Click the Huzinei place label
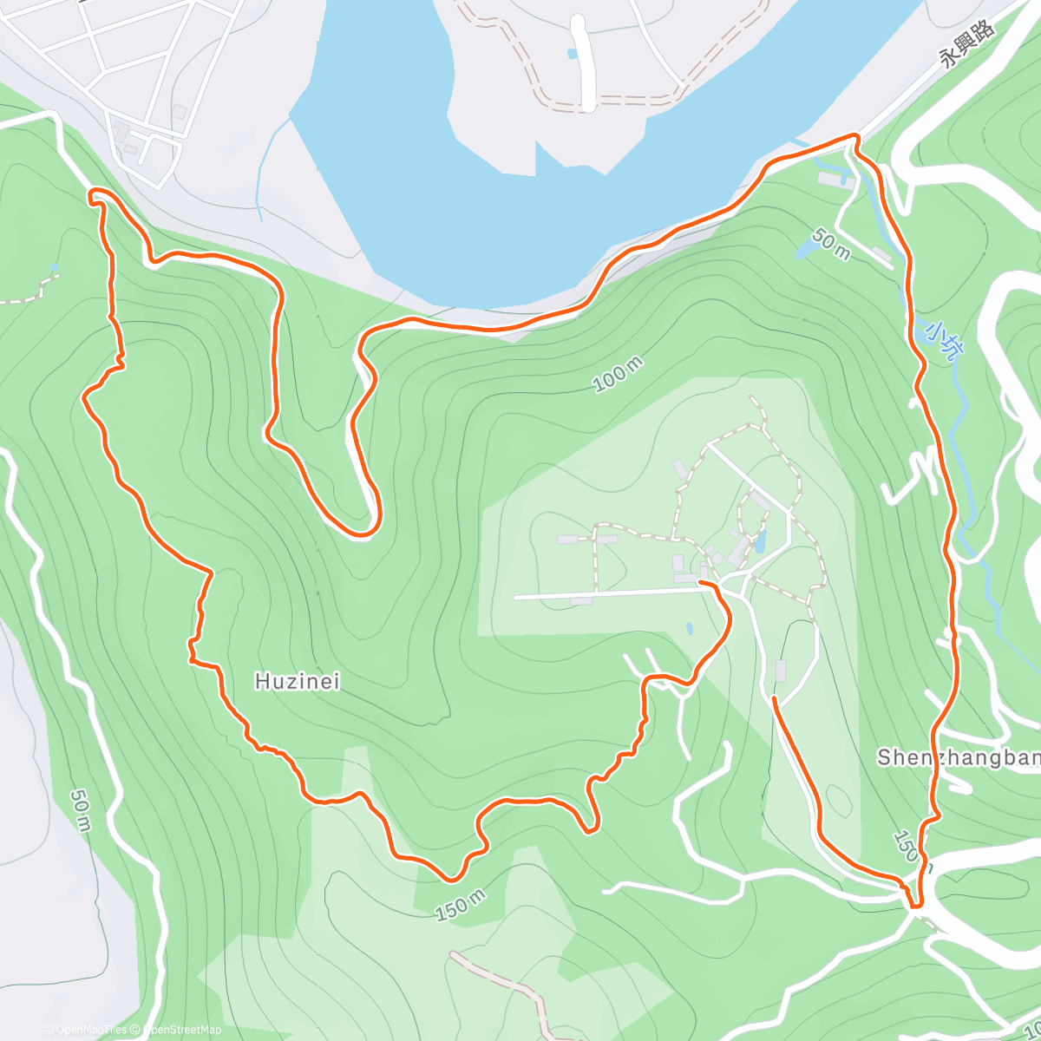tap(297, 682)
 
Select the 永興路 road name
tap(967, 43)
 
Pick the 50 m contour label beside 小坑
tap(831, 244)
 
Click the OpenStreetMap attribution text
tap(181, 1030)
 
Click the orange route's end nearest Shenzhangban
tap(774, 697)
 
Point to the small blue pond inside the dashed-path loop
tap(761, 542)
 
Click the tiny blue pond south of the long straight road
tap(689, 627)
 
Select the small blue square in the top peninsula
tap(571, 54)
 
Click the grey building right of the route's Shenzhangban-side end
tap(780, 671)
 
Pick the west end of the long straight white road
tap(516, 597)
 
